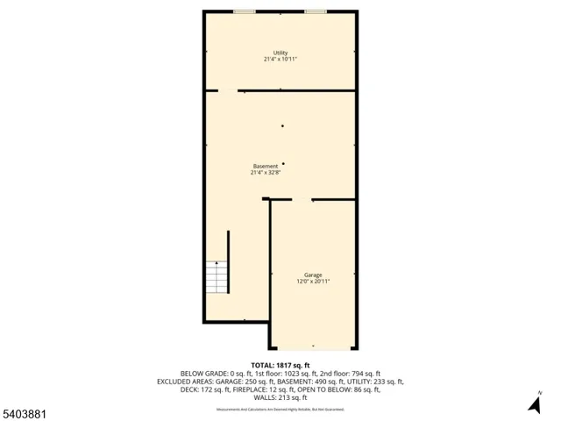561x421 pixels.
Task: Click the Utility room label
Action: (280, 53)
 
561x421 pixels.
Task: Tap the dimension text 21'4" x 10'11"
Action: (280, 60)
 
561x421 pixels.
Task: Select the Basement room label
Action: (266, 166)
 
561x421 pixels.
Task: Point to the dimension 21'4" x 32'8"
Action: (266, 173)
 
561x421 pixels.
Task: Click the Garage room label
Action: (314, 275)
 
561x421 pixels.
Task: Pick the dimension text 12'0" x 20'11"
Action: (314, 282)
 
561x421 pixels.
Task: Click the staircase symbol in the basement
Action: (216, 278)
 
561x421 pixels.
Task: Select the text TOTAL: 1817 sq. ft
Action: (280, 365)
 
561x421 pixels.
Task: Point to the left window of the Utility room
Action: (245, 11)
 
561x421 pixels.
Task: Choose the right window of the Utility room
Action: (316, 11)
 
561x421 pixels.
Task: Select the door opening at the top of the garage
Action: (302, 200)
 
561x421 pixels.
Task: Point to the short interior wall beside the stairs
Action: (228, 261)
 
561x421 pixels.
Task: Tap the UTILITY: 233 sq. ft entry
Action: (371, 382)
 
